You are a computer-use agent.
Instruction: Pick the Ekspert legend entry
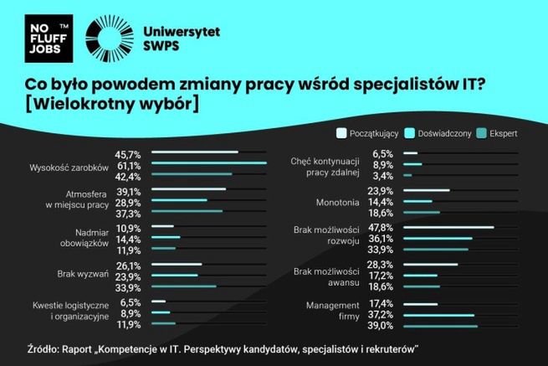[x=499, y=132]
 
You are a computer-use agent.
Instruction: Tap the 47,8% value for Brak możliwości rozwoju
[x=381, y=227]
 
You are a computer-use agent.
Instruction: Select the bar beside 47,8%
[x=448, y=227]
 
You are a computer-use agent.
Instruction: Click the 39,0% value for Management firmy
[x=381, y=325]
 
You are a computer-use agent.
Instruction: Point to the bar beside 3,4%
[x=407, y=176]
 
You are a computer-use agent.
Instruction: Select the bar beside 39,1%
[x=189, y=190]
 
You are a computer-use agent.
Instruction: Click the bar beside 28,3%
[x=430, y=264]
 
